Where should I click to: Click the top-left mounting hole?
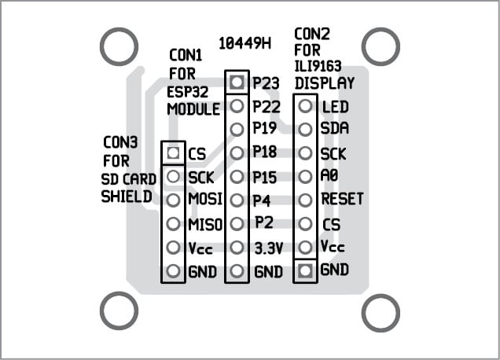pos(119,47)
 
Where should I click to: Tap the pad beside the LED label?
pos(306,106)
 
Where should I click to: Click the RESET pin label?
pos(343,199)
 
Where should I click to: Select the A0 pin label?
pos(330,176)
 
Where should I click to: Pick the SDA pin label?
pos(334,128)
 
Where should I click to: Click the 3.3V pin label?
pos(268,248)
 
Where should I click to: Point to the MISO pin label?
pos(205,224)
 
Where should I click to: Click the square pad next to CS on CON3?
pos(174,152)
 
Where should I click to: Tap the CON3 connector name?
pos(120,143)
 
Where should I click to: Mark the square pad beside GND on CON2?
pos(306,270)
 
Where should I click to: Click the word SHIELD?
pos(127,197)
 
